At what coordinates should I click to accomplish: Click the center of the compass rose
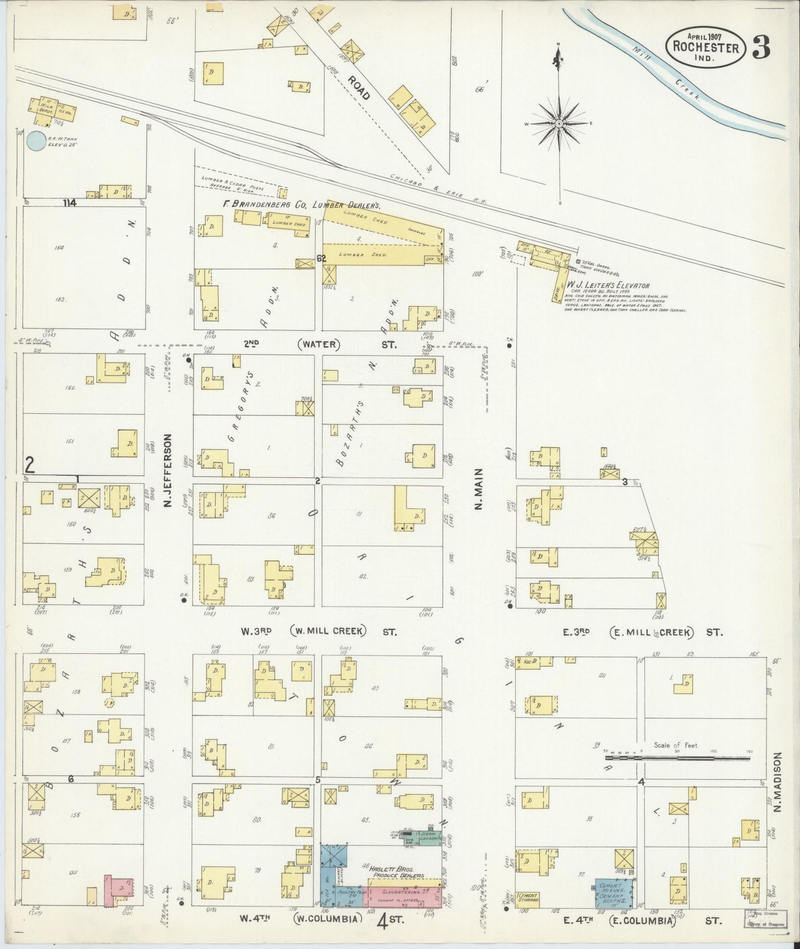(x=559, y=122)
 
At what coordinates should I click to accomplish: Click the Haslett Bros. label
(x=397, y=871)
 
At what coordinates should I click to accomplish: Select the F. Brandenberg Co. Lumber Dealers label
(x=302, y=204)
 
